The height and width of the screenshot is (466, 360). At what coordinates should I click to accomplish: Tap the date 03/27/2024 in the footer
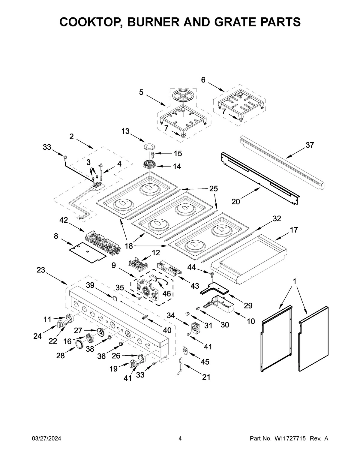(46, 439)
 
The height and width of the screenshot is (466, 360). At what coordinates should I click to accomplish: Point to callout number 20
(236, 202)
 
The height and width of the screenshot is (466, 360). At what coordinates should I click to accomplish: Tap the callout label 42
(64, 220)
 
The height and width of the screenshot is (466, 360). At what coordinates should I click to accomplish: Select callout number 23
(41, 270)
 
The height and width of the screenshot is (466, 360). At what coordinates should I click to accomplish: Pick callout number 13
(125, 131)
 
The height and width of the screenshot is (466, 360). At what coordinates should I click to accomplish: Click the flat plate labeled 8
(87, 252)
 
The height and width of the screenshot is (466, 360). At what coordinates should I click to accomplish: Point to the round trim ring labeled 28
(79, 344)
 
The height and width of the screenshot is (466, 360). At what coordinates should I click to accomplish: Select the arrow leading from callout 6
(216, 86)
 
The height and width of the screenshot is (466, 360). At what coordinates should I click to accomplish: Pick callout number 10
(250, 321)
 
